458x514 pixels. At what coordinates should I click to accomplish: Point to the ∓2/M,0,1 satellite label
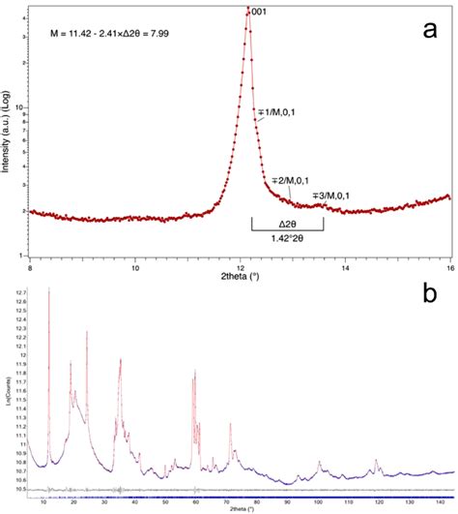tap(290, 180)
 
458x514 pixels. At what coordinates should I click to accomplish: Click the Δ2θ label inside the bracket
tap(286, 224)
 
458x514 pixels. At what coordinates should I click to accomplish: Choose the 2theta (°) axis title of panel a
tap(241, 274)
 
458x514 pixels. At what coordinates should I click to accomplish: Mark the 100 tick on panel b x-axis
tap(319, 503)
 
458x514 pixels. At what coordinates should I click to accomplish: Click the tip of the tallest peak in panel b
tap(48, 288)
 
